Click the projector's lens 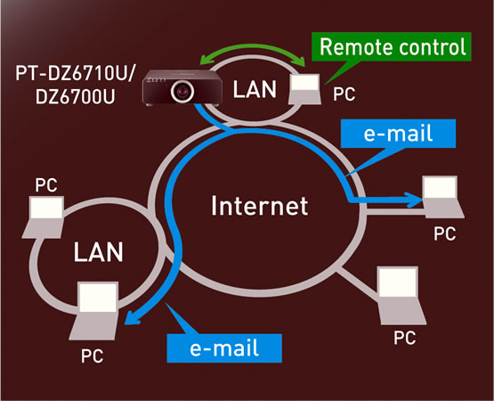tap(182, 91)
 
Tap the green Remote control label tap(392, 46)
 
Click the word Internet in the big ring tap(259, 206)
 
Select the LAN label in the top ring tap(255, 89)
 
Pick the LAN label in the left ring tap(98, 252)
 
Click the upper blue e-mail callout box tap(398, 134)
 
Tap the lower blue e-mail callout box tap(224, 348)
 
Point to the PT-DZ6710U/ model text tap(75, 73)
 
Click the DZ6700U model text tap(75, 96)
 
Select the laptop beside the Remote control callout tap(305, 89)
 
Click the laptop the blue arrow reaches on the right tap(442, 197)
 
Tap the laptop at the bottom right tap(401, 295)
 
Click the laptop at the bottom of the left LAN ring tap(94, 311)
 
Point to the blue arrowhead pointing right tap(414, 200)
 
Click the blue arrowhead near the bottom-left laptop tap(132, 317)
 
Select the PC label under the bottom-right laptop tap(405, 338)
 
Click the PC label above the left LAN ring tap(46, 185)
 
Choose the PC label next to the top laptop tap(344, 94)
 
